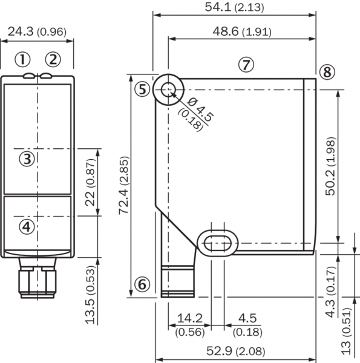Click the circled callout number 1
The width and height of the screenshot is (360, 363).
pos(22,59)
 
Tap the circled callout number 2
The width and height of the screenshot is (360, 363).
pos(53,59)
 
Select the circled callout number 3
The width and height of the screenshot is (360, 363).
pos(27,159)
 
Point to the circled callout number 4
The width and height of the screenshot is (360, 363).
pos(27,227)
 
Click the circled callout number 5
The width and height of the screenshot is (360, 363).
pos(142,90)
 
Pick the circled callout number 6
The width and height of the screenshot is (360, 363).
pos(142,284)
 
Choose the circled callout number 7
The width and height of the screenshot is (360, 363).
pos(246,65)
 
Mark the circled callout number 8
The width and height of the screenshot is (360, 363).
pos(327,72)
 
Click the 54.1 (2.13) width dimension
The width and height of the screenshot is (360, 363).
pos(234,7)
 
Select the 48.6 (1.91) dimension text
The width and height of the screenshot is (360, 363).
pos(242,31)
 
